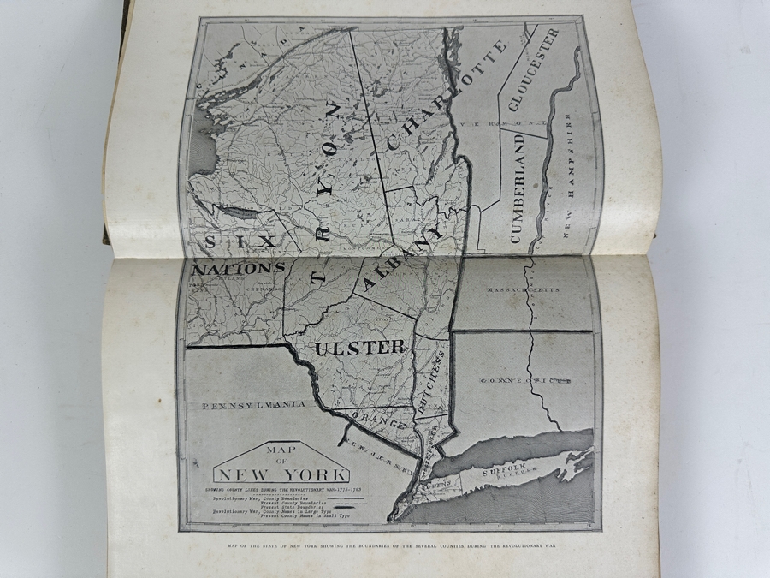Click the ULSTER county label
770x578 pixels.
click(359, 348)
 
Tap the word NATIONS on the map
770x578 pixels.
click(239, 268)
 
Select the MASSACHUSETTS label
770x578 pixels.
click(522, 290)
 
